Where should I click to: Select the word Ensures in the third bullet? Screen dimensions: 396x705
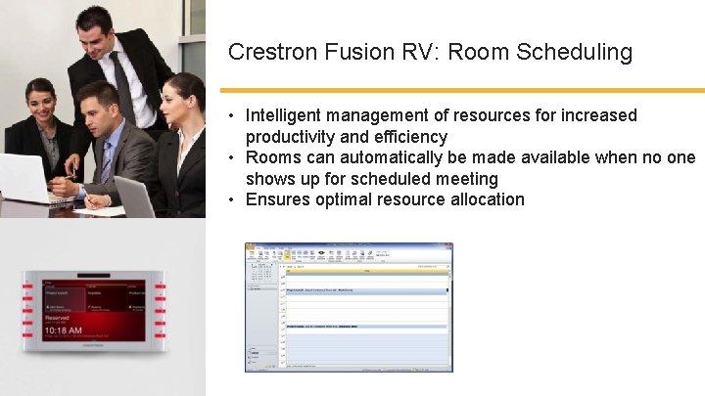(276, 199)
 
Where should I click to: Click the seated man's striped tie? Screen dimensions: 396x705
(105, 163)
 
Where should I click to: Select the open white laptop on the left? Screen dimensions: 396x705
(24, 181)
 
